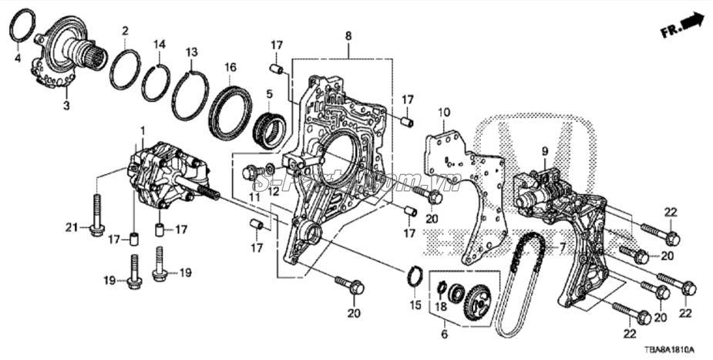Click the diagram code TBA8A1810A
[676, 349]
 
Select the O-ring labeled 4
[22, 26]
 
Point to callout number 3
[66, 106]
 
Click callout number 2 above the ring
[125, 31]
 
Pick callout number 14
[159, 44]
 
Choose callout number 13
[192, 52]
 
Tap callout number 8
[348, 35]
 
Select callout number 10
[443, 113]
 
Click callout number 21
[72, 226]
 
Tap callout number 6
[444, 335]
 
